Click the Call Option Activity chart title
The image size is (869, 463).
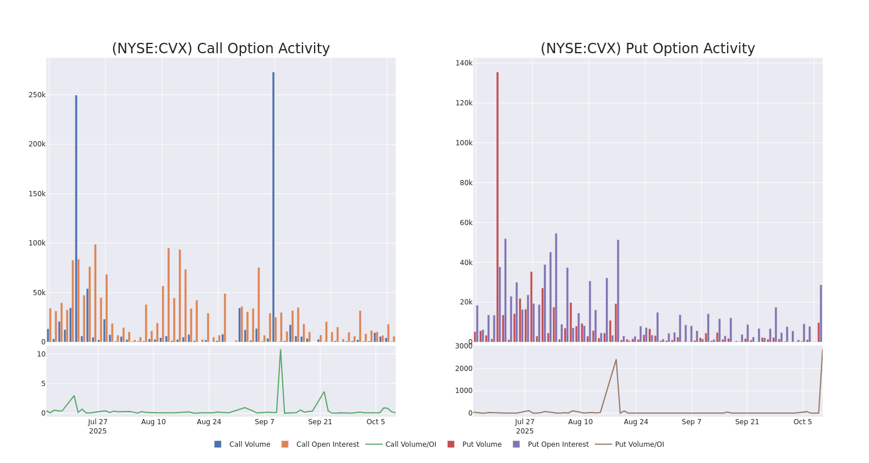click(221, 49)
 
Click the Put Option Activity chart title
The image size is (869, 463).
click(648, 49)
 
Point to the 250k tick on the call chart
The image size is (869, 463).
click(37, 95)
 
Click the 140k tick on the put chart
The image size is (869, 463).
click(464, 63)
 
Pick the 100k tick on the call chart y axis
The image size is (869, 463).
click(37, 243)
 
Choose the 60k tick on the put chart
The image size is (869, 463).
click(466, 223)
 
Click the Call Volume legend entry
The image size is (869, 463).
click(249, 444)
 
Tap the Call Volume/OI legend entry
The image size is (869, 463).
click(410, 444)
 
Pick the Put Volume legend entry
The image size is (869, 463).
click(481, 444)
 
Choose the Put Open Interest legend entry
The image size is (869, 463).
click(557, 444)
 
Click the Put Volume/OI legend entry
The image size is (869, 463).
click(639, 444)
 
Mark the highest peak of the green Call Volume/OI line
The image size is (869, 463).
click(280, 350)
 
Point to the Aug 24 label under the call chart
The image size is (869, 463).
click(209, 422)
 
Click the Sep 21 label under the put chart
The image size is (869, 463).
click(747, 422)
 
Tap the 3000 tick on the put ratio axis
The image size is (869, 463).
click(463, 346)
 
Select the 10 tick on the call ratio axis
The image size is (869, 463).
click(41, 354)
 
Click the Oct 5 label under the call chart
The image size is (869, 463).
click(376, 422)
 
